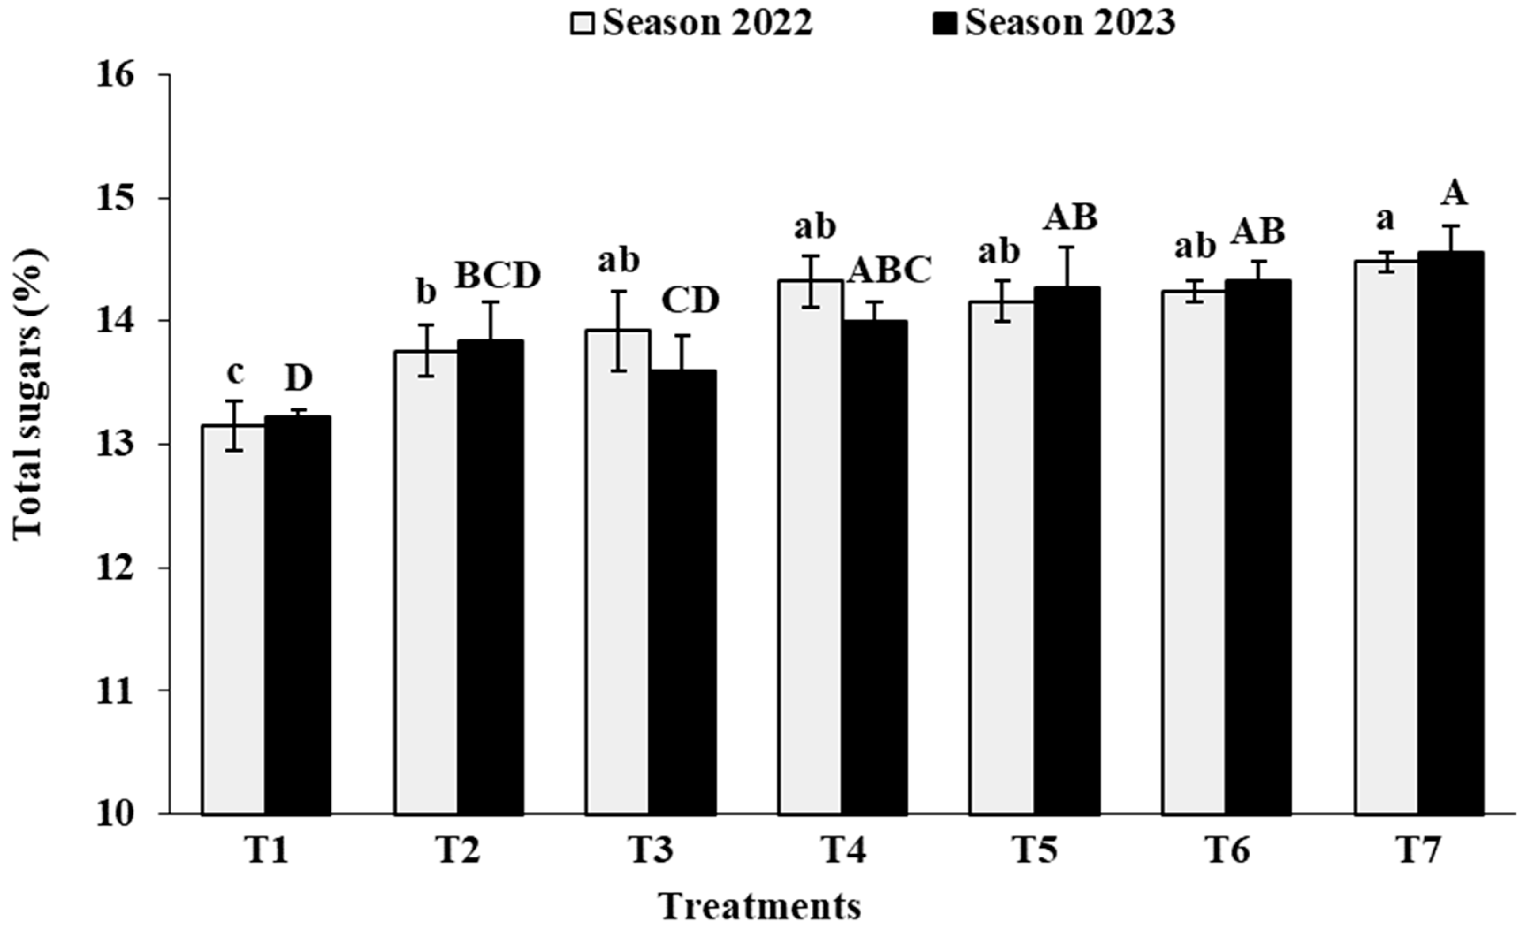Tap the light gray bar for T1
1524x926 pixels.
pos(234,618)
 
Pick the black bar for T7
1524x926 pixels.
pos(1450,532)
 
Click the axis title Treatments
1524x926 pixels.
pos(759,906)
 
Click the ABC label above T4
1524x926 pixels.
pos(889,271)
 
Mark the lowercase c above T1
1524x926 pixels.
pos(235,373)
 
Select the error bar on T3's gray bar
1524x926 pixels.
pos(619,331)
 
